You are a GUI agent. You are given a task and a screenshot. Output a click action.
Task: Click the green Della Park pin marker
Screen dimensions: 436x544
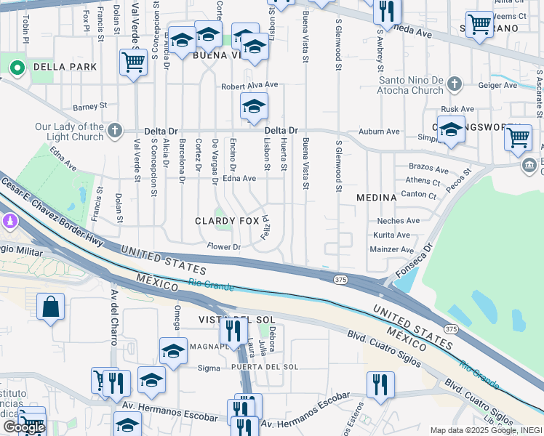click(x=16, y=68)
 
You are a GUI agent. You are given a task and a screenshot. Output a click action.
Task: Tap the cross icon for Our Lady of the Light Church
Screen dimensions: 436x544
click(x=114, y=132)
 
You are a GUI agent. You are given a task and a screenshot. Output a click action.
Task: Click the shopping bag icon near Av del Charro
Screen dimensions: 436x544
click(x=51, y=307)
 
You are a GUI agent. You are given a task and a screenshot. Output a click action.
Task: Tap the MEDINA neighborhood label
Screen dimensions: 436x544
click(x=376, y=198)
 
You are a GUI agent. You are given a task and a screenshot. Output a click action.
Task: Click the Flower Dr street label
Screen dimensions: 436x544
click(x=223, y=247)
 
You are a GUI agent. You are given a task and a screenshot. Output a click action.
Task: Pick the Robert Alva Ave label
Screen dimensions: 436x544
click(x=250, y=85)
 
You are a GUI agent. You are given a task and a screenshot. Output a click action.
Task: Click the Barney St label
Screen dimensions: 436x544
click(x=89, y=106)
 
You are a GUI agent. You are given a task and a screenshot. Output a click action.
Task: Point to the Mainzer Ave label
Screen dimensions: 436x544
click(x=392, y=249)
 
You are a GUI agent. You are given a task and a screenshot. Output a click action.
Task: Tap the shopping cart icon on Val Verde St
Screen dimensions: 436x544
click(x=134, y=62)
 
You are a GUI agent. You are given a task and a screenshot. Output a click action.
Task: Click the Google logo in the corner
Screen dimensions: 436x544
click(x=23, y=427)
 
